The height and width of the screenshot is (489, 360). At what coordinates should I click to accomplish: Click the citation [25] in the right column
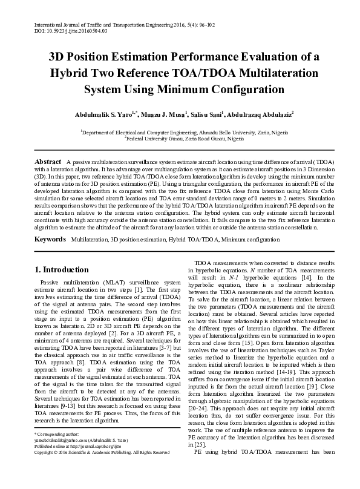coord(198,443)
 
